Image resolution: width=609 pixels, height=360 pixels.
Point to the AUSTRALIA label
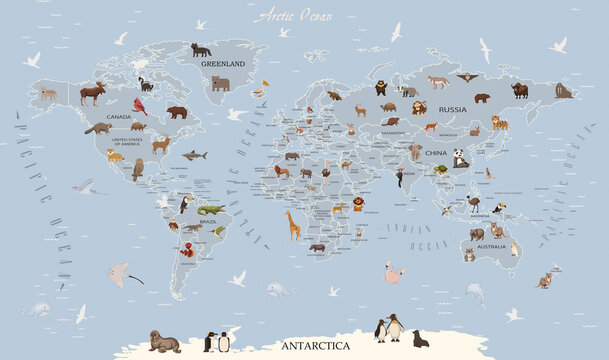tap(491, 246)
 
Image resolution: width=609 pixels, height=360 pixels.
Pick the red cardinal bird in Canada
tap(140, 106)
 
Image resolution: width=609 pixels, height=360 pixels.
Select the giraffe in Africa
tap(292, 224)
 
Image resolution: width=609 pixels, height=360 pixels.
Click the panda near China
tap(460, 157)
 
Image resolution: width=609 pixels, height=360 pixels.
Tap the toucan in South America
tap(187, 204)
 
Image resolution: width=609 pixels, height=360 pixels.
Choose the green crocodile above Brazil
tap(211, 210)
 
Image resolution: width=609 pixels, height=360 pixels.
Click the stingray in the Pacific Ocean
tap(122, 271)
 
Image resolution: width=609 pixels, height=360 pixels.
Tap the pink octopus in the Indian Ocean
tap(393, 271)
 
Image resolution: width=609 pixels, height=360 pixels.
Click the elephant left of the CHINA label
tap(414, 152)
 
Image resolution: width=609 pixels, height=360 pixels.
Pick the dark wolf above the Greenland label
tap(201, 49)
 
